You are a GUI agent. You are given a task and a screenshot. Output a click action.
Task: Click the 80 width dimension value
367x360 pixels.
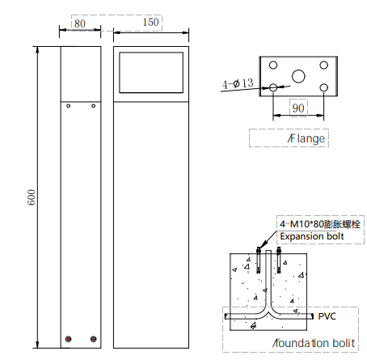80,23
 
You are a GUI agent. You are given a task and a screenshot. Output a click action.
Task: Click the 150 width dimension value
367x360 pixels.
150,22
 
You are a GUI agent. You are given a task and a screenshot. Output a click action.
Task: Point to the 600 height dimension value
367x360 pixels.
32,197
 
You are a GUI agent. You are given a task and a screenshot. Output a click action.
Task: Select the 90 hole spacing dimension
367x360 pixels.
298,108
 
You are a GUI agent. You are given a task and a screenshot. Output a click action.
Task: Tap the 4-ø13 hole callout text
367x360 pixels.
238,83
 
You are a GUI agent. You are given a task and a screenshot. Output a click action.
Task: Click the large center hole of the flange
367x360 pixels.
298,76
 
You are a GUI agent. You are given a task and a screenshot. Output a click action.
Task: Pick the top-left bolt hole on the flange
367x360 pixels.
273,65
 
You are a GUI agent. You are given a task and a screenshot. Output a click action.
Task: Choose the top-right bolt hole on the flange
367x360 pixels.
324,65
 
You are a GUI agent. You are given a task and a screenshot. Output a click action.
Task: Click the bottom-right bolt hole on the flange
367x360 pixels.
324,87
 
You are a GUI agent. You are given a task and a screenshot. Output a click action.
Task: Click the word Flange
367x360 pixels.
306,138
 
